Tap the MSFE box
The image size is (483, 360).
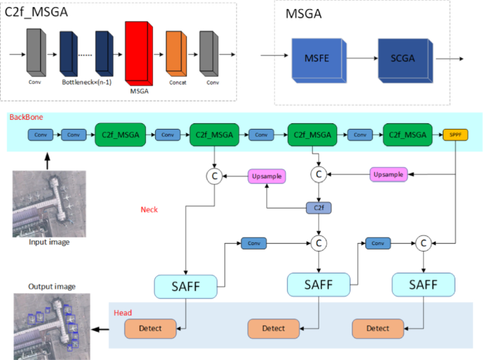317,58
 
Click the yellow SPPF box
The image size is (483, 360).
453,134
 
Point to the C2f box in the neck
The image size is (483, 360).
318,208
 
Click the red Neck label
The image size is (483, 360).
149,209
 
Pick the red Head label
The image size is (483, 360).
123,311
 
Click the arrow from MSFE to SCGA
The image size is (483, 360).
358,58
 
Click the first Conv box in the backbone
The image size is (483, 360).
40,134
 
